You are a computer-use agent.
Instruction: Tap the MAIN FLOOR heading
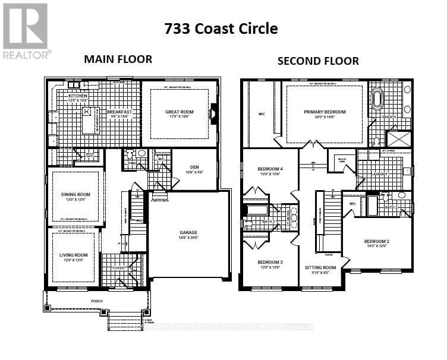pyautogui.click(x=118, y=59)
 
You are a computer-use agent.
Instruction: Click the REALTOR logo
pyautogui.click(x=26, y=30)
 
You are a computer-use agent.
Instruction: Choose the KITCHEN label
pyautogui.click(x=78, y=96)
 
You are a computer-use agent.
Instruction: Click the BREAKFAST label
pyautogui.click(x=119, y=111)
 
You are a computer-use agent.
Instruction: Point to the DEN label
pyautogui.click(x=194, y=168)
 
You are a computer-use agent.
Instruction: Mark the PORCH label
pyautogui.click(x=96, y=301)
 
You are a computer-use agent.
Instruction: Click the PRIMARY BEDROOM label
pyautogui.click(x=324, y=112)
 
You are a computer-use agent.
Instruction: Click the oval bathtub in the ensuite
pyautogui.click(x=379, y=99)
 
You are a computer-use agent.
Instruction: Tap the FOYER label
pyautogui.click(x=121, y=268)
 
